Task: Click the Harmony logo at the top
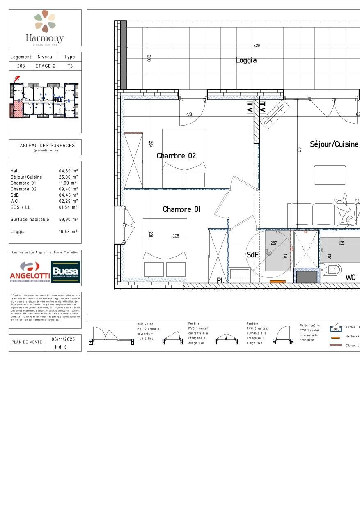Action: tap(45, 27)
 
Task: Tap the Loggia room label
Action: tap(246, 60)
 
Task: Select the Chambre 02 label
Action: tap(176, 156)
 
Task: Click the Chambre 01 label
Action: tap(182, 209)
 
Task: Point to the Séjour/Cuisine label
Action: tap(334, 144)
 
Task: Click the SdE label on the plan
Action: tap(252, 254)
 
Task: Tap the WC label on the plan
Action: tap(350, 277)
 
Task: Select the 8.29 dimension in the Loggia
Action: tap(256, 46)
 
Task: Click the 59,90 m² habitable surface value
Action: tap(68, 220)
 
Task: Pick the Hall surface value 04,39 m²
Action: tap(68, 171)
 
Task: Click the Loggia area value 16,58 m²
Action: tap(68, 232)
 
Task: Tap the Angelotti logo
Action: tap(30, 272)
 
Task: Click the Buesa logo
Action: tap(66, 272)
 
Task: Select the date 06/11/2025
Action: tap(64, 339)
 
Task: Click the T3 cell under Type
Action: tap(70, 66)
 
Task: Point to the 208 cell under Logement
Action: tap(21, 66)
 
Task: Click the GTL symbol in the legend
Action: tap(336, 328)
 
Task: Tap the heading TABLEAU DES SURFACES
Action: tap(46, 145)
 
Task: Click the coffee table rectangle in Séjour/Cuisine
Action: tap(330, 175)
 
